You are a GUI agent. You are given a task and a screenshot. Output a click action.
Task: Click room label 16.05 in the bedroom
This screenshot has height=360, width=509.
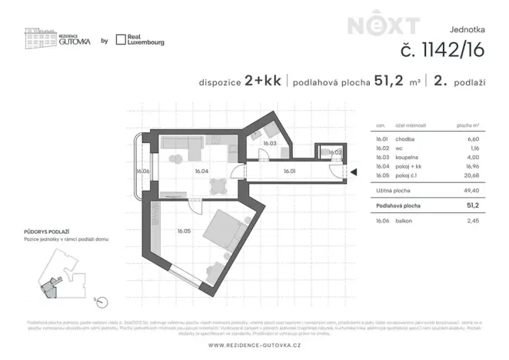[x=183, y=230]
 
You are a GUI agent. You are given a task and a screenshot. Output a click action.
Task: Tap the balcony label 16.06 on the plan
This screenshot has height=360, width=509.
[x=142, y=172]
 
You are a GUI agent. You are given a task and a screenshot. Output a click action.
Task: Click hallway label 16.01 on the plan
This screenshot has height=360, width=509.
[x=290, y=172]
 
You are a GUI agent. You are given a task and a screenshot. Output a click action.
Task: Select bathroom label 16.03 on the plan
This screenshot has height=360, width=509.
[x=269, y=143]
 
